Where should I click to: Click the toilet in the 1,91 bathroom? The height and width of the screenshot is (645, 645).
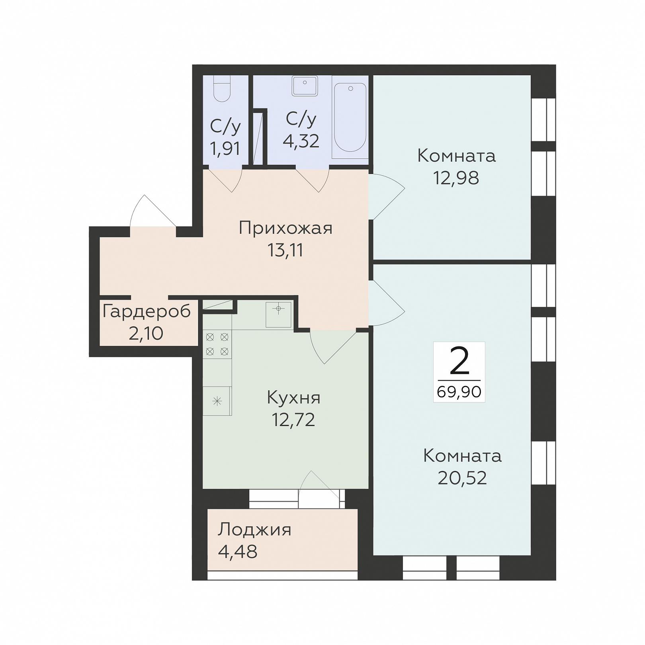[x=222, y=88]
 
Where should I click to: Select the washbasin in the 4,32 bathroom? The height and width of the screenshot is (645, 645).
[x=305, y=86]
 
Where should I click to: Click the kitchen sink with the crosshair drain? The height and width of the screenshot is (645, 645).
[x=278, y=315]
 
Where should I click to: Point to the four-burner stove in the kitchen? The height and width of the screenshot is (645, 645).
[x=217, y=344]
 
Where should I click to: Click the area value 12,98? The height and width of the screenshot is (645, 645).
[x=456, y=178]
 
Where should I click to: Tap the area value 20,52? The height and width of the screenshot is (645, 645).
[x=462, y=478]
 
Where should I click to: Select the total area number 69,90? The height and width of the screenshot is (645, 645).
[x=459, y=392]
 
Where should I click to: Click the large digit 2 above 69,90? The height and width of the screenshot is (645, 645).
[x=459, y=361]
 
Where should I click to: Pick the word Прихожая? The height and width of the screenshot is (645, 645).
[x=285, y=229]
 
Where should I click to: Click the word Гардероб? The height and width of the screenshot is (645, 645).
[x=147, y=311]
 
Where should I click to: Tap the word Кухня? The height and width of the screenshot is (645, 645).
[x=293, y=397]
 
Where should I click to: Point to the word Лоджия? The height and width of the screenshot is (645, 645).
[x=254, y=530]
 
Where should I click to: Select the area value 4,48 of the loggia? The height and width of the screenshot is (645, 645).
[x=238, y=552]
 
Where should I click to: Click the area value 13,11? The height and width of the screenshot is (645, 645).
[x=285, y=250]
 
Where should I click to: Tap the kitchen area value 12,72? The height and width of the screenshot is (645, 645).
[x=293, y=419]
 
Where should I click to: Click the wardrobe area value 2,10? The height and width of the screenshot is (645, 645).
[x=146, y=333]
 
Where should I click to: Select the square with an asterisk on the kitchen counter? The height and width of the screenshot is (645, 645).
[x=217, y=401]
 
